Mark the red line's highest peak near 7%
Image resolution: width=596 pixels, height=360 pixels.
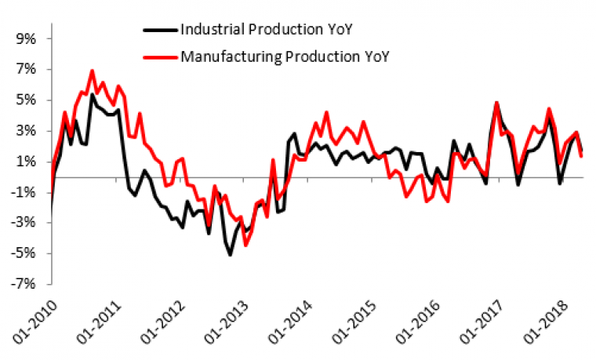92,71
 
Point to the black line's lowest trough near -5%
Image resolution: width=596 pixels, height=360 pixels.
230,255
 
